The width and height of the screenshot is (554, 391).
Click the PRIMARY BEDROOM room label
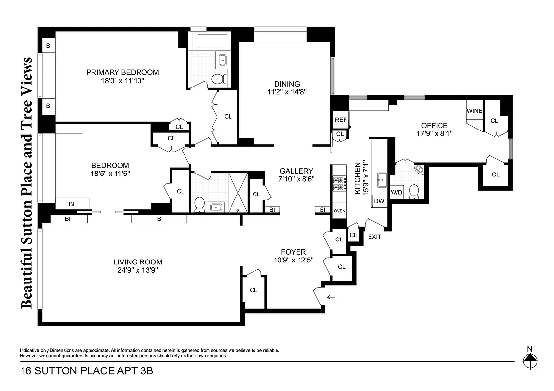click(x=122, y=72)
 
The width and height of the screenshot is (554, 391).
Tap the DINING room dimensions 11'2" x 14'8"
click(x=286, y=91)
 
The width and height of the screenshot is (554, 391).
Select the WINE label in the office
click(x=474, y=111)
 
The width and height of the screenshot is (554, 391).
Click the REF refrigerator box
click(x=340, y=120)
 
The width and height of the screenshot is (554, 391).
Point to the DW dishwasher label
click(x=379, y=201)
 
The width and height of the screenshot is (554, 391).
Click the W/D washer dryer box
click(x=396, y=191)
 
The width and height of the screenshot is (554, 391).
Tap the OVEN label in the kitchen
click(x=339, y=211)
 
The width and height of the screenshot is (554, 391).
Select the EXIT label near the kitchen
click(x=374, y=237)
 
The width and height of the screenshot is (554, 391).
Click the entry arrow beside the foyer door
click(x=332, y=297)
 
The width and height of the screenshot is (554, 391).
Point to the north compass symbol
click(x=530, y=362)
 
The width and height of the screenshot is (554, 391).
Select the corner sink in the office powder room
click(x=418, y=169)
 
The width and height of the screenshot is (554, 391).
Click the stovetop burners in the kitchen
click(x=339, y=183)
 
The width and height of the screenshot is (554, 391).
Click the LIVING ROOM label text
click(x=138, y=262)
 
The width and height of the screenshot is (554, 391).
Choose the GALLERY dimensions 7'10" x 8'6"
click(x=296, y=179)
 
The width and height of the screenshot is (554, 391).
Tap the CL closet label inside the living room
click(x=253, y=290)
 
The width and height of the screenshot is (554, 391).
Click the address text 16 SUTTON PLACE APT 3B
click(x=87, y=371)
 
